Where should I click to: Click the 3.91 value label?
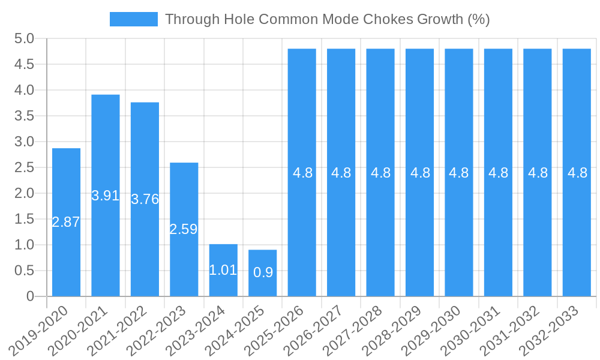click(x=106, y=196)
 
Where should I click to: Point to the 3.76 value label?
click(x=145, y=199)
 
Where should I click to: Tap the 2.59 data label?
click(x=184, y=229)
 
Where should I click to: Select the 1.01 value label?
click(x=223, y=270)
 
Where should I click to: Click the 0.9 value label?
click(x=263, y=272)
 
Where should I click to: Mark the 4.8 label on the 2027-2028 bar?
click(x=380, y=173)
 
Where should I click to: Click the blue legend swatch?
click(x=133, y=19)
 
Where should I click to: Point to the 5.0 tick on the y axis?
click(x=25, y=39)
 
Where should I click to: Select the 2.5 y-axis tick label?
click(x=25, y=167)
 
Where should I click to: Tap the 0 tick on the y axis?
click(x=31, y=296)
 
